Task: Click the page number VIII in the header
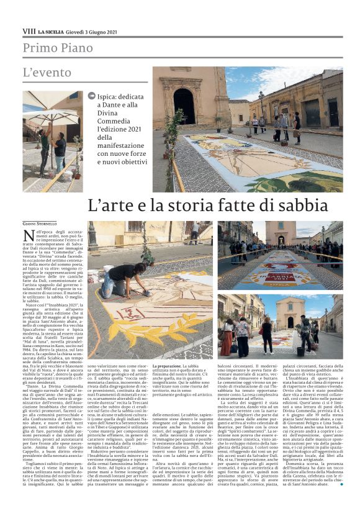tap(29, 30)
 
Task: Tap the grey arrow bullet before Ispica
tap(92, 96)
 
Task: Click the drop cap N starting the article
tap(28, 235)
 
